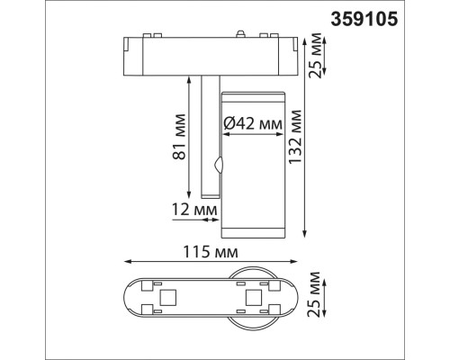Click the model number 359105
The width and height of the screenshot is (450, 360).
[396, 16]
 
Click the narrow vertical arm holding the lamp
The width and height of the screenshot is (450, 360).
[210, 135]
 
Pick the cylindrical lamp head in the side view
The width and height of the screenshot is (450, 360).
[252, 166]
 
